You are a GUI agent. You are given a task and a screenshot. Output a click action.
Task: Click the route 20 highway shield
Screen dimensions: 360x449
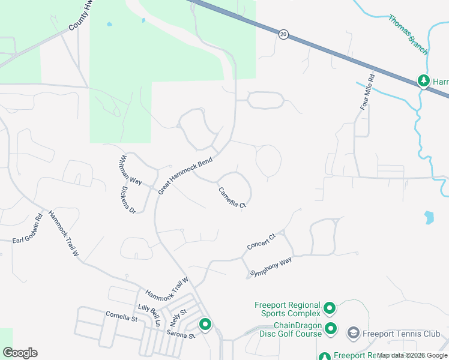pyautogui.click(x=283, y=35)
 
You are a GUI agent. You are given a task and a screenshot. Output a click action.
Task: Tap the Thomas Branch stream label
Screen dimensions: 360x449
pyautogui.click(x=408, y=35)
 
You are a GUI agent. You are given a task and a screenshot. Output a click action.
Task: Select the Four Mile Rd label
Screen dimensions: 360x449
pyautogui.click(x=367, y=91)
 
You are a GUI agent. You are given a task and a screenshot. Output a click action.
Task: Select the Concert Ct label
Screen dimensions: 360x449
pyautogui.click(x=261, y=242)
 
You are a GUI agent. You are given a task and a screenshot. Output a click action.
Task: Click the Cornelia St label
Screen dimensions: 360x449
pyautogui.click(x=121, y=314)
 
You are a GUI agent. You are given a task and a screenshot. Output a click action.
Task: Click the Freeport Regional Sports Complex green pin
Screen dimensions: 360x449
pyautogui.click(x=329, y=309)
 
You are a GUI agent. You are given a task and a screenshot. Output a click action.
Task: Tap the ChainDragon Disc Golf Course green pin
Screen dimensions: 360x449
pyautogui.click(x=331, y=329)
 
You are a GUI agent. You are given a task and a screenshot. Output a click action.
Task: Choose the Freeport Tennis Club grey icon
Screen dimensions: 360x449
pyautogui.click(x=354, y=333)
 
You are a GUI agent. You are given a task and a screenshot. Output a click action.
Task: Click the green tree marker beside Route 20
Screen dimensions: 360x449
pyautogui.click(x=424, y=80)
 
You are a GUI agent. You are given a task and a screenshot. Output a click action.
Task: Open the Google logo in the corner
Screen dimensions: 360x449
pyautogui.click(x=20, y=353)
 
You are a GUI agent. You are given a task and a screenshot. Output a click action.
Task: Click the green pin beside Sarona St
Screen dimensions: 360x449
pyautogui.click(x=205, y=325)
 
